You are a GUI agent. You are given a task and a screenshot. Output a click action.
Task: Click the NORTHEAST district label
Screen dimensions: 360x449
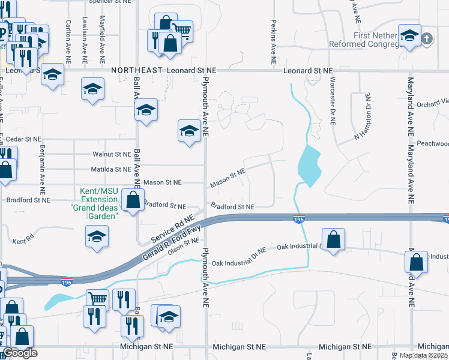coord(137,70)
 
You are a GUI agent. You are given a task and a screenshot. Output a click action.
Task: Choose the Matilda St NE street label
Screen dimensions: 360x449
coord(111,170)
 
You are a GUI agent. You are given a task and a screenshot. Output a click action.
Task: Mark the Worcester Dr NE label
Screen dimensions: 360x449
coord(331,102)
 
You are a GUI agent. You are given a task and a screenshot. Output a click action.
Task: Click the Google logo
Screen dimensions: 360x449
coord(20,353)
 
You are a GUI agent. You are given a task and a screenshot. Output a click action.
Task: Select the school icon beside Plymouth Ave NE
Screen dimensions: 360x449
coord(188,131)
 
